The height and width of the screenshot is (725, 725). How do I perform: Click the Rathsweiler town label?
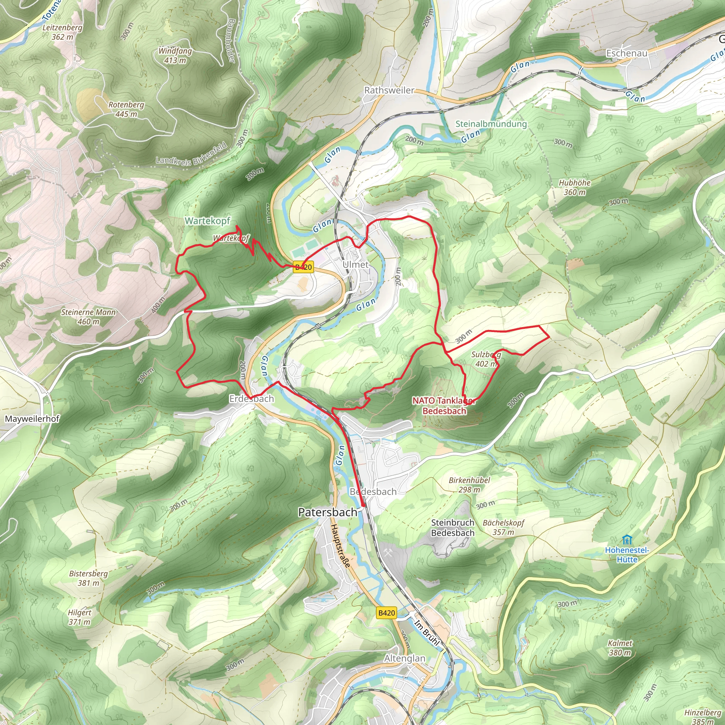coord(389,90)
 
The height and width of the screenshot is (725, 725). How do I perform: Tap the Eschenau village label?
coord(627,53)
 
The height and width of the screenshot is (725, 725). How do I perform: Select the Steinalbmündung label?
coord(491,124)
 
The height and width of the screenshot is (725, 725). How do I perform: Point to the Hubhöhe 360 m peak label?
coord(575,187)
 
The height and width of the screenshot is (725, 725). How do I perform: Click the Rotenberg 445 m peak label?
coord(126,109)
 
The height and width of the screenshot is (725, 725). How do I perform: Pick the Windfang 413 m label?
coord(175,55)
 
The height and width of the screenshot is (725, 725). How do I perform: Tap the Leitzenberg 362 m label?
coord(62,32)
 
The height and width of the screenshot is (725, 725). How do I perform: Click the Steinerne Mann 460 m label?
coord(89,317)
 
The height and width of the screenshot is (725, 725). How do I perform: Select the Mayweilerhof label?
coord(32,419)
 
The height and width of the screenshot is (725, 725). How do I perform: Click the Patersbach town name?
coord(327,512)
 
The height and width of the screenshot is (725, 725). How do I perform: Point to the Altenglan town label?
coord(405,658)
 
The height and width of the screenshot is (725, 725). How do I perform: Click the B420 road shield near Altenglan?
coord(387,613)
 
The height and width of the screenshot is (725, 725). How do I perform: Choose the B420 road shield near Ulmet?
coord(303,267)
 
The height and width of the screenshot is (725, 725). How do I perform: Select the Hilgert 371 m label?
coord(80,617)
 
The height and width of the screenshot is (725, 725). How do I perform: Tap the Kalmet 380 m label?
coord(620,648)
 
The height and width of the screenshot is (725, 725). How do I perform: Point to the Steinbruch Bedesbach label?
coord(452,527)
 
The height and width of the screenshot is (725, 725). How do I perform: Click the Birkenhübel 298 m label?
coord(469,485)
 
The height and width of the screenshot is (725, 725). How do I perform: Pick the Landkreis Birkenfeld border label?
coord(192,154)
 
